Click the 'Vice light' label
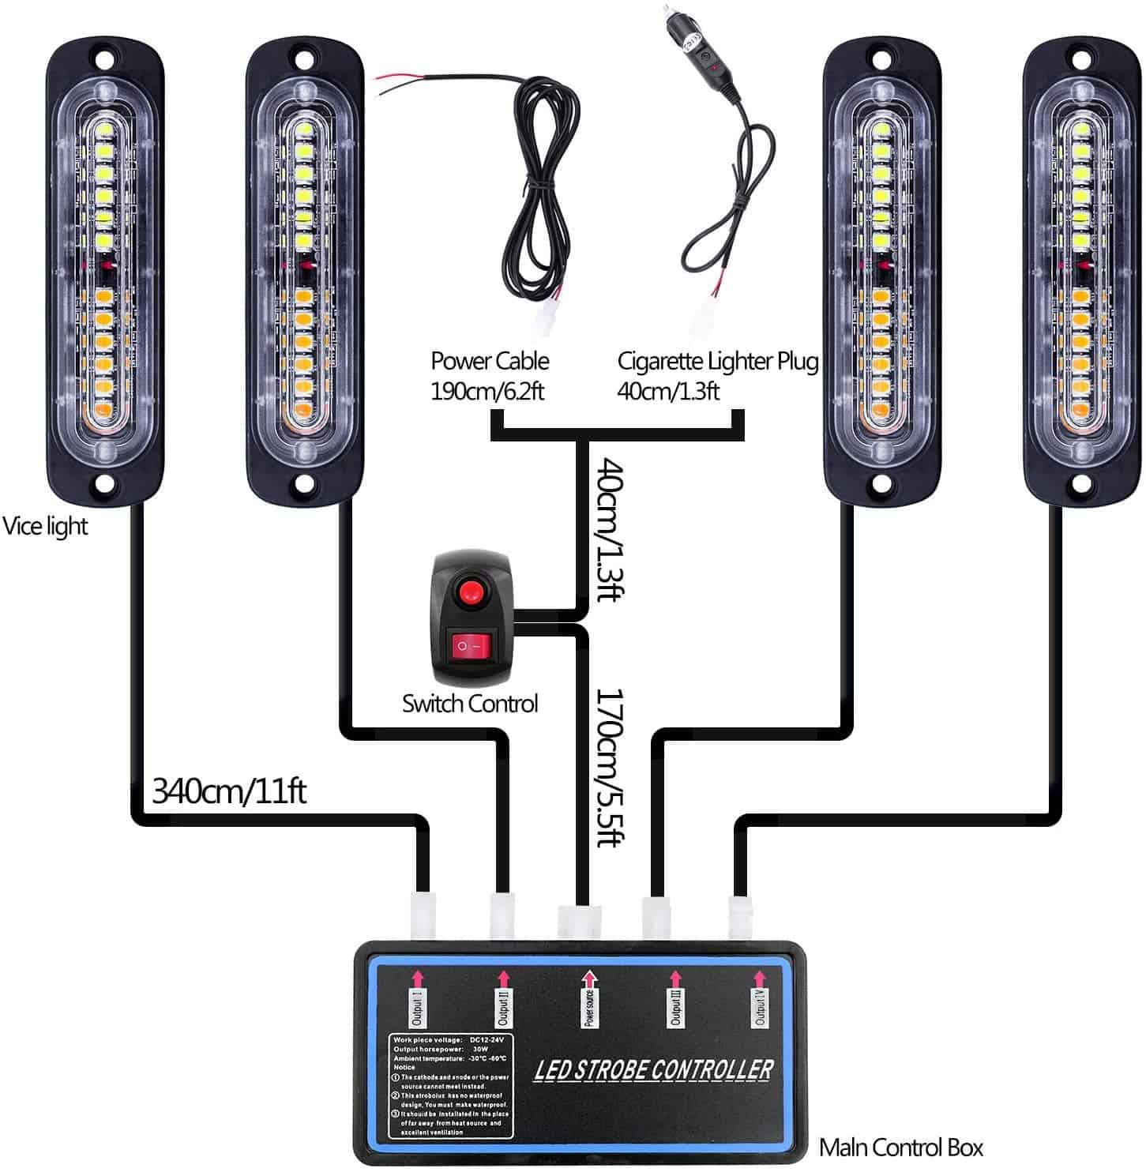pyautogui.click(x=45, y=526)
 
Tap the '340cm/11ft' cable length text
pyautogui.click(x=228, y=790)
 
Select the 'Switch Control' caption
pyautogui.click(x=469, y=703)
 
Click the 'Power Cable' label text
pyautogui.click(x=489, y=361)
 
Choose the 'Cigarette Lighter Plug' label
pyautogui.click(x=716, y=361)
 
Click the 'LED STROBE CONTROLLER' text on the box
pyautogui.click(x=653, y=1070)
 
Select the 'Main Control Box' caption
pyautogui.click(x=900, y=1147)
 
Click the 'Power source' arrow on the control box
pyautogui.click(x=589, y=980)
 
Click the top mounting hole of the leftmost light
pyautogui.click(x=106, y=59)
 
